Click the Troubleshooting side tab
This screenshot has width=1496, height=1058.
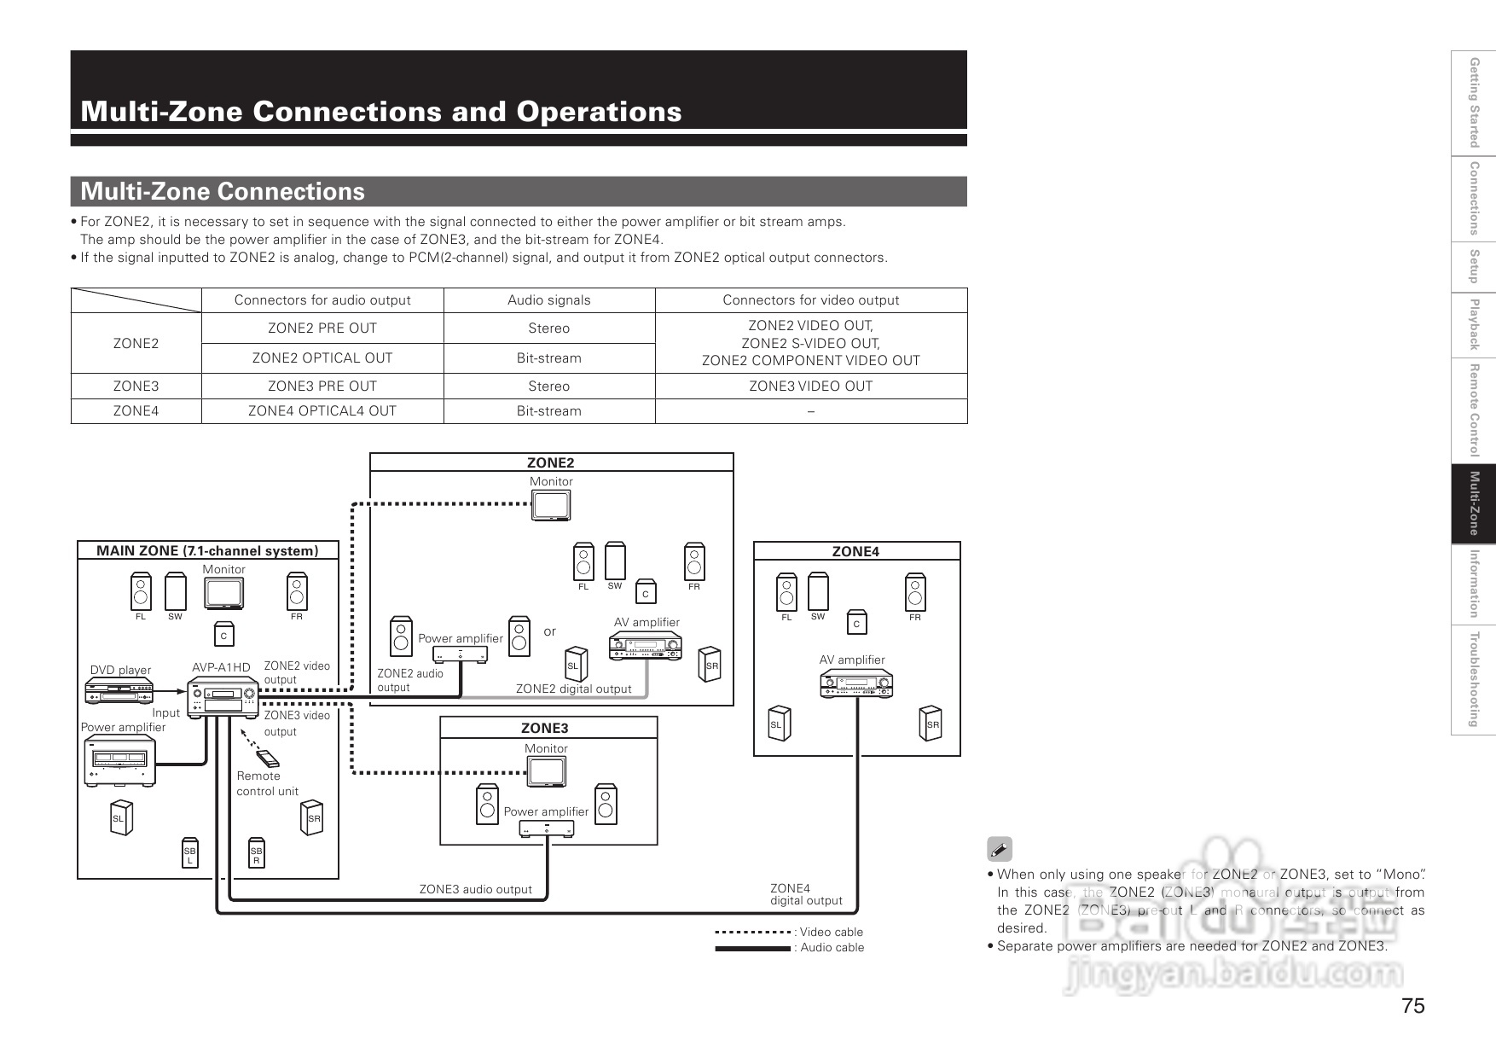tap(1473, 680)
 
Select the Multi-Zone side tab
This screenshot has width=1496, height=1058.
tap(1473, 503)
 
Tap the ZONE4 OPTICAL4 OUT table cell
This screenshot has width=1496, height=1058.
tap(322, 411)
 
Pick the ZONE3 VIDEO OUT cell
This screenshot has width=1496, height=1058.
tap(810, 386)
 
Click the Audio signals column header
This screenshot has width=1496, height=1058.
tap(548, 300)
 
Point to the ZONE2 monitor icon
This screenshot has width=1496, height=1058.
tap(551, 506)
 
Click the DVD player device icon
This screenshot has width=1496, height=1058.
tap(119, 691)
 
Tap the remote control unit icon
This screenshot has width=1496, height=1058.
tap(266, 758)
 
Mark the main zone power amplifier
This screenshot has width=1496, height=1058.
tap(119, 760)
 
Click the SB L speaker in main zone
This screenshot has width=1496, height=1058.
tap(189, 855)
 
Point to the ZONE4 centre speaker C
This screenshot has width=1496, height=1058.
tap(856, 624)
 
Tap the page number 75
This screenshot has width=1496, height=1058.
tap(1412, 1006)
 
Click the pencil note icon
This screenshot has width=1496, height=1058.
tap(999, 849)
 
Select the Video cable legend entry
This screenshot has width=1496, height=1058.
tap(789, 932)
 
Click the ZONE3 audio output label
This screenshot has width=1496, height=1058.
tap(475, 889)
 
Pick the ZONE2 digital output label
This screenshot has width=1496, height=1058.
tap(573, 689)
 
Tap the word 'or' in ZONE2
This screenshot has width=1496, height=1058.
tap(549, 631)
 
